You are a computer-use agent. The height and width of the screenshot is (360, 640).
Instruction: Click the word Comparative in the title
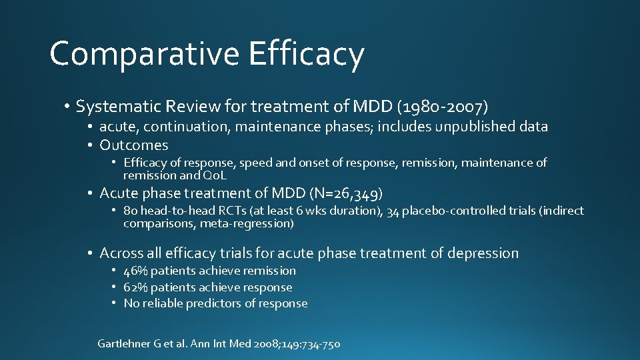(x=145, y=54)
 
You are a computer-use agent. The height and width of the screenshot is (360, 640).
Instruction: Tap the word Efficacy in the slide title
(x=306, y=54)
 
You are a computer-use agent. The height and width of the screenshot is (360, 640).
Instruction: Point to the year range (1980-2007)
(x=442, y=106)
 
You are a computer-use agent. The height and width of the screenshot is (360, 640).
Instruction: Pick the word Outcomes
(x=133, y=145)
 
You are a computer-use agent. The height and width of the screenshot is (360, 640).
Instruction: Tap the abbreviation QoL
(x=214, y=175)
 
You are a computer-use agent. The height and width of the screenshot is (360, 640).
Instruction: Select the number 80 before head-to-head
(x=130, y=211)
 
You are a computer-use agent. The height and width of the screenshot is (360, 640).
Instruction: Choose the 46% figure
(x=136, y=271)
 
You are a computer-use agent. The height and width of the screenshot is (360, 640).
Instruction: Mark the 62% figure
(x=136, y=287)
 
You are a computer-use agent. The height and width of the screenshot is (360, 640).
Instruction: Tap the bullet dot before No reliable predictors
(x=114, y=303)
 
